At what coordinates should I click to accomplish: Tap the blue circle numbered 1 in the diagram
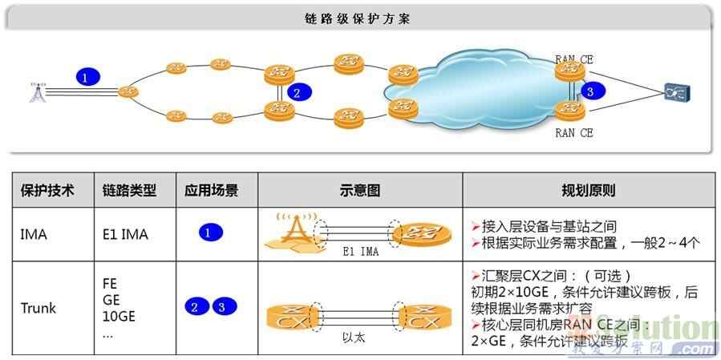coord(88,77)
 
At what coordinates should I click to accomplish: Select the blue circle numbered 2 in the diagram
coord(297,93)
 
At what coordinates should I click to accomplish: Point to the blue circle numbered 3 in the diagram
coord(591,91)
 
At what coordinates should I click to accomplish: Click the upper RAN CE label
coord(573,59)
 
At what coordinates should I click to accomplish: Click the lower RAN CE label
coord(573,133)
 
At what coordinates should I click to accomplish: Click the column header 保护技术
coord(47,191)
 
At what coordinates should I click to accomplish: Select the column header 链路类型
coord(129,191)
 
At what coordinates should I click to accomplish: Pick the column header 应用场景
coord(211,191)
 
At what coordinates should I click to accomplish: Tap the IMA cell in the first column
coord(34,235)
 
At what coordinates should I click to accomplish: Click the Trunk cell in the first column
coord(38,307)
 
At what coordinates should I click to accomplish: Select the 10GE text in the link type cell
coord(119,315)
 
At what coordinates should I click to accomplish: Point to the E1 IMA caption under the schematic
coord(358,252)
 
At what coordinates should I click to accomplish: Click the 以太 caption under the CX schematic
coord(353,338)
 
